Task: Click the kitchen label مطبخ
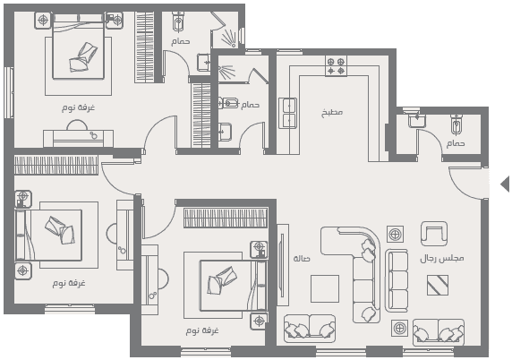[x=332, y=113]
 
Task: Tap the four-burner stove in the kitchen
[x=336, y=66]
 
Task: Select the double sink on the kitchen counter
[x=287, y=113]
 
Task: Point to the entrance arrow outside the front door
[x=505, y=184]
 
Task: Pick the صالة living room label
[x=302, y=259]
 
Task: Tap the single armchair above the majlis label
[x=434, y=234]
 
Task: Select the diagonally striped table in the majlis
[x=438, y=285]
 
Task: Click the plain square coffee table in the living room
[x=325, y=288]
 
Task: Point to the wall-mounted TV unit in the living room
[x=283, y=264]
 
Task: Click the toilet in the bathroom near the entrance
[x=457, y=124]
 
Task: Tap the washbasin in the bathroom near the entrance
[x=417, y=119]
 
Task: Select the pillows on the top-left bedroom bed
[x=83, y=57]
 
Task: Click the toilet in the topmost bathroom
[x=178, y=21]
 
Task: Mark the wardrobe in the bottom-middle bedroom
[x=226, y=218]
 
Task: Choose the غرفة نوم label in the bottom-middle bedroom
[x=202, y=330]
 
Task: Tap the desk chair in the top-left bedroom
[x=77, y=125]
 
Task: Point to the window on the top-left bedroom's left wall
[x=9, y=92]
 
